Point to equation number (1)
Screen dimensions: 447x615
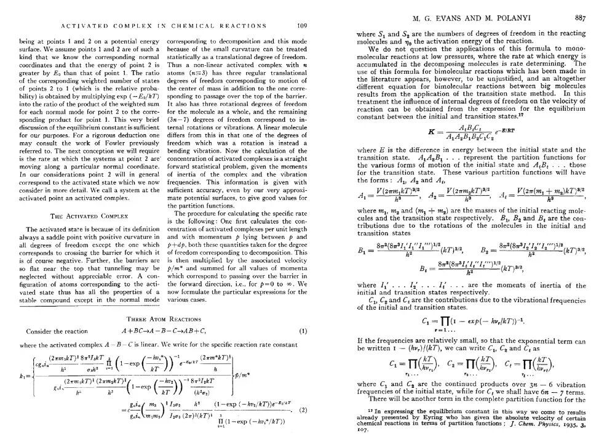point(303,331)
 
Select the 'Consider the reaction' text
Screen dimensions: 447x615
point(49,331)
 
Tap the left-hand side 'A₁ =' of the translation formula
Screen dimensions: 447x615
point(362,195)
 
